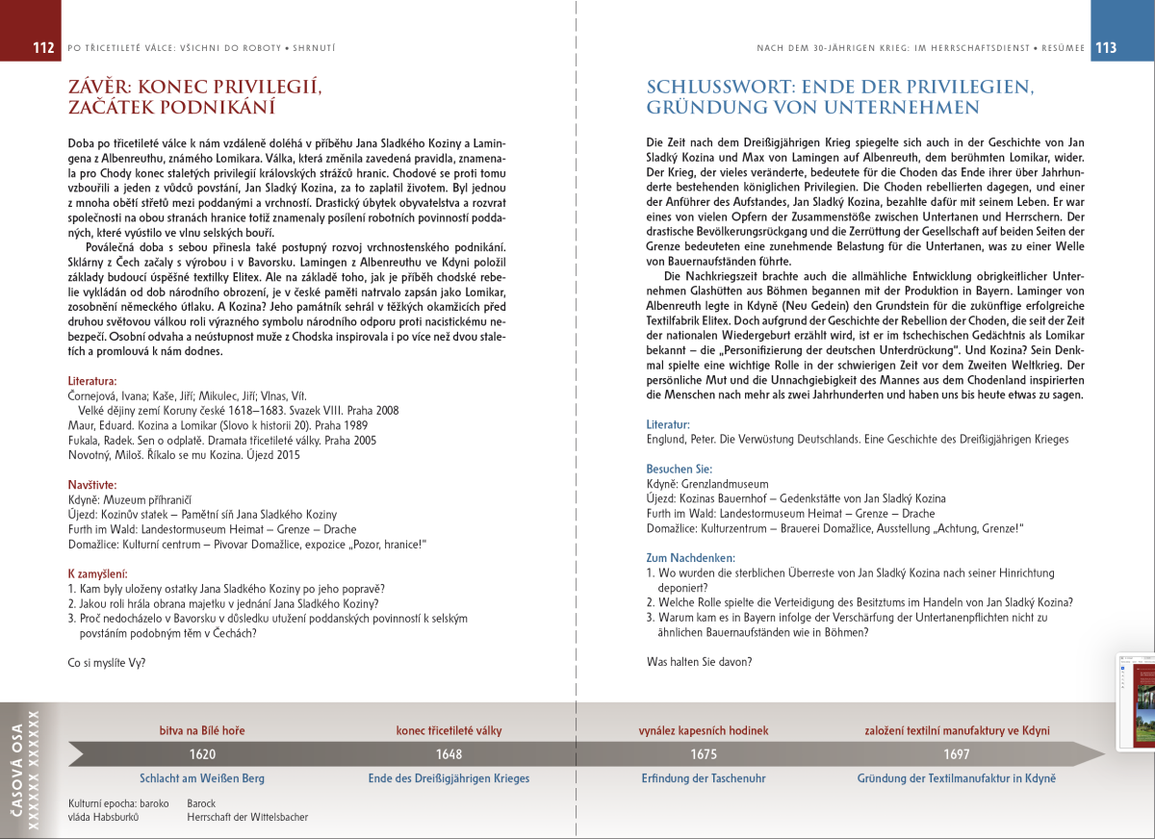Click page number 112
(42, 47)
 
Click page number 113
(1106, 47)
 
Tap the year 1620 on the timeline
(202, 754)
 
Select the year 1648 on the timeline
(449, 754)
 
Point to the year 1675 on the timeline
(704, 754)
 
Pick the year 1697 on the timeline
(957, 754)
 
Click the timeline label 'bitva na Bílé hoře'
(202, 730)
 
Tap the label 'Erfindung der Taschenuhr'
(703, 778)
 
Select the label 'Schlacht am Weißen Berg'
(202, 778)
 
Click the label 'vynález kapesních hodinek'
(703, 730)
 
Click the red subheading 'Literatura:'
(92, 381)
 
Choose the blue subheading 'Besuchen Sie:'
(680, 469)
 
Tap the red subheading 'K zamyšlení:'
(98, 574)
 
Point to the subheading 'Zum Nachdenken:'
(691, 557)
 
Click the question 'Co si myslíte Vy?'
(108, 662)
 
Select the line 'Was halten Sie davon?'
(700, 661)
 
